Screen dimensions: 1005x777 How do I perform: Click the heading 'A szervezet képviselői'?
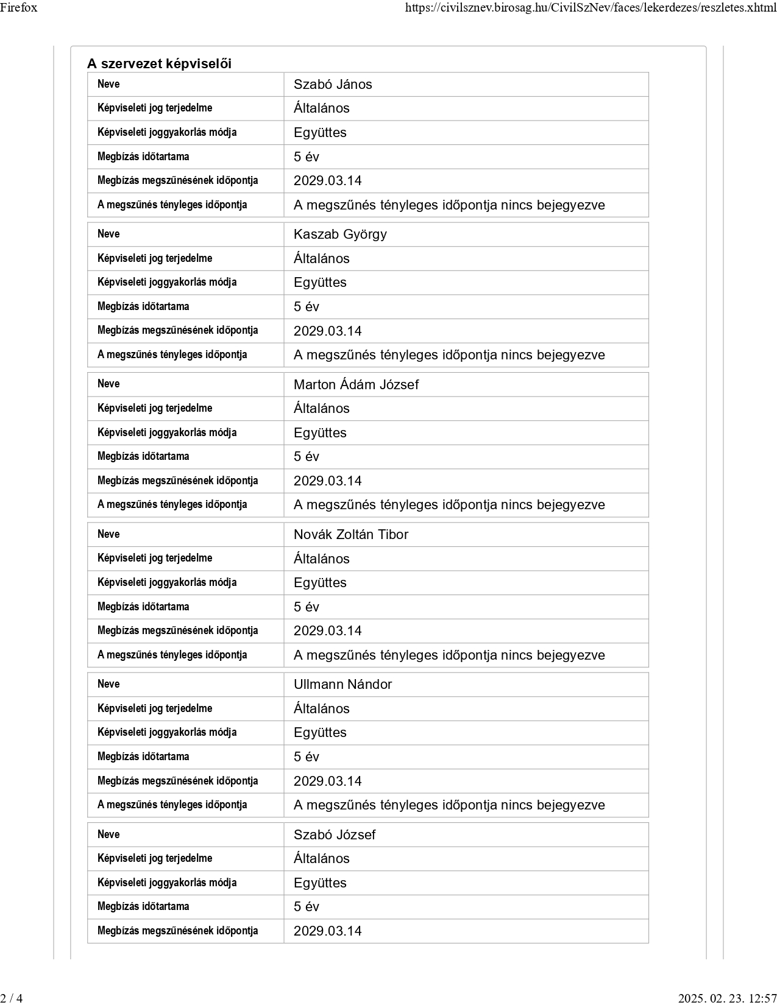click(159, 64)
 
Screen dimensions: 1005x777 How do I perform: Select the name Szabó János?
click(333, 85)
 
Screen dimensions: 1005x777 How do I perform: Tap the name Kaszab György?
click(340, 234)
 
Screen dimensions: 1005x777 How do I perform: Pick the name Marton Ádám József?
click(356, 384)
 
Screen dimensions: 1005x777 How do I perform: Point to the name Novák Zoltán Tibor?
click(350, 535)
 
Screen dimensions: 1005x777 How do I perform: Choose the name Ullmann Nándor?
click(342, 685)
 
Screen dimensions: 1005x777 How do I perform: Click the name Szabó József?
click(335, 834)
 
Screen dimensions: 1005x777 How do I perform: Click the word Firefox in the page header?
click(19, 7)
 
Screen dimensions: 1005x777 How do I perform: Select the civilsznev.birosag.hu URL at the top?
click(591, 8)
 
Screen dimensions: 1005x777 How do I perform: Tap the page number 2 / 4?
click(12, 998)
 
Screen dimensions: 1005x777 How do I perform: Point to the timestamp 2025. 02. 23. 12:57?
click(727, 998)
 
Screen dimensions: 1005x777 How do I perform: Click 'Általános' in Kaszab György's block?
click(321, 259)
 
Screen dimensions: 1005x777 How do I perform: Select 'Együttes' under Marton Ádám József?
click(320, 433)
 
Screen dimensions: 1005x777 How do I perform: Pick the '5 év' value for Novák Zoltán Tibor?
click(306, 607)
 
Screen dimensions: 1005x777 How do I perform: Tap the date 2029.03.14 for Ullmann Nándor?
click(327, 781)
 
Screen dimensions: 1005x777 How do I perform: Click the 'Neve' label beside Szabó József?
click(108, 834)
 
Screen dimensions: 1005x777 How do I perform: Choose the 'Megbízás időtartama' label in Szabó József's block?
click(143, 906)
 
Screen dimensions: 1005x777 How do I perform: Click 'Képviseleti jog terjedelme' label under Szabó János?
click(155, 108)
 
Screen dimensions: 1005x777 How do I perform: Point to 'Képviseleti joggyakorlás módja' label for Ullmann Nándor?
click(167, 733)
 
